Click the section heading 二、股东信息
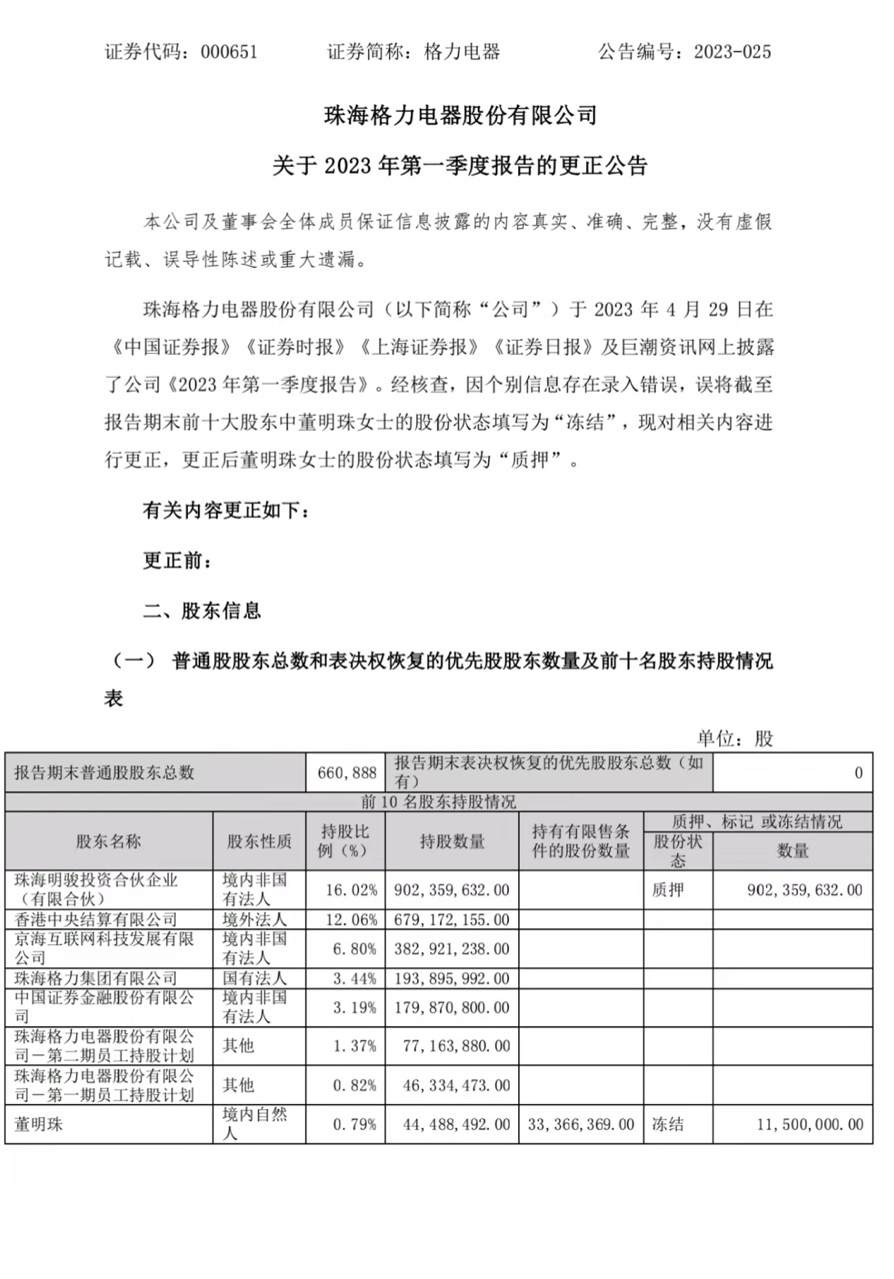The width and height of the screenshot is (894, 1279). pos(202,611)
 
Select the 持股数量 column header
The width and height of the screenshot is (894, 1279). pos(453,841)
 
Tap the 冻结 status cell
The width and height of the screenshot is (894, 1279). pos(668,1124)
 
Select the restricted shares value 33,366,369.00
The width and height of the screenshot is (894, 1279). pos(581,1124)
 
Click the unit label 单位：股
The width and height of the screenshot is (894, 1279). pos(735,738)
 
